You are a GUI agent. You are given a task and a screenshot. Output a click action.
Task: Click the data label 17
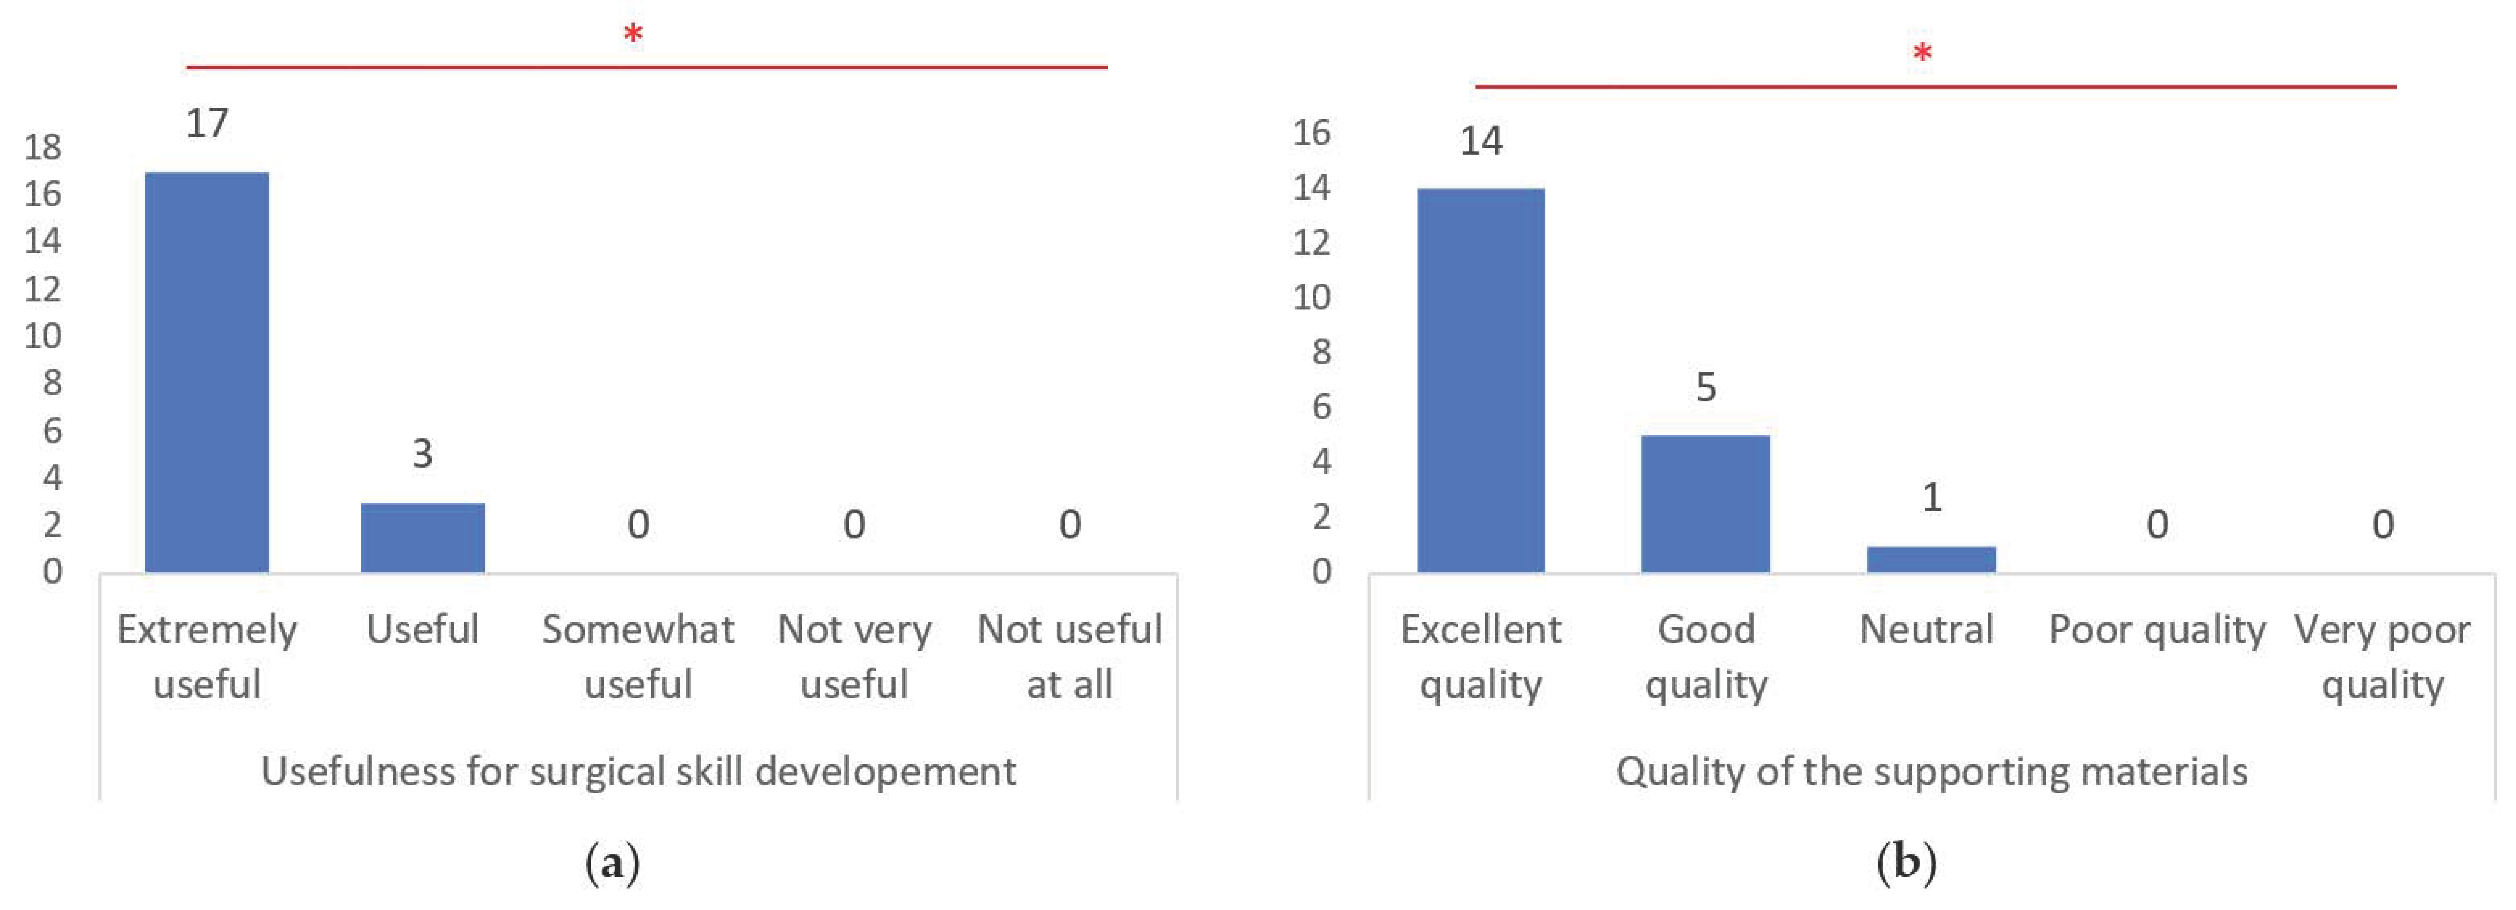coord(207,123)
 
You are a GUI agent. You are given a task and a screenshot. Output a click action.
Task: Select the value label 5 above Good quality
coord(1705,388)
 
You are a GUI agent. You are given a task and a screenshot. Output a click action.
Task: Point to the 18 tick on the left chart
coord(43,147)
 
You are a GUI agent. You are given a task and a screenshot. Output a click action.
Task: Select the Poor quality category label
coord(2157,630)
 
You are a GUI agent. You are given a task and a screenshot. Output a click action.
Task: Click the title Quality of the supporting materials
coord(1931,771)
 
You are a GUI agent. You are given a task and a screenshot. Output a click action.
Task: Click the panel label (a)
coord(613,863)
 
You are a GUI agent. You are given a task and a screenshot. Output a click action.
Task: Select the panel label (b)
coord(1906,863)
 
